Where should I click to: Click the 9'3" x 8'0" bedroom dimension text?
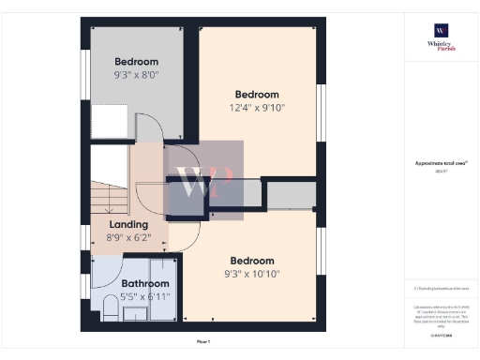[x=137, y=74]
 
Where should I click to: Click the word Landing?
[x=128, y=225]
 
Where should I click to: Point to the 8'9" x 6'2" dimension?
[x=128, y=239]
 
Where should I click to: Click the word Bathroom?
[x=144, y=283]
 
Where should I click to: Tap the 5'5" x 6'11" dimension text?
[x=144, y=296]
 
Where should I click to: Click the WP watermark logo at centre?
[x=204, y=182]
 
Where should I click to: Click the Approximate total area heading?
[x=441, y=163]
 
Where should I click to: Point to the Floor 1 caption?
[x=203, y=342]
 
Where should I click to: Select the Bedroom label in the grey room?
[x=137, y=61]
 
